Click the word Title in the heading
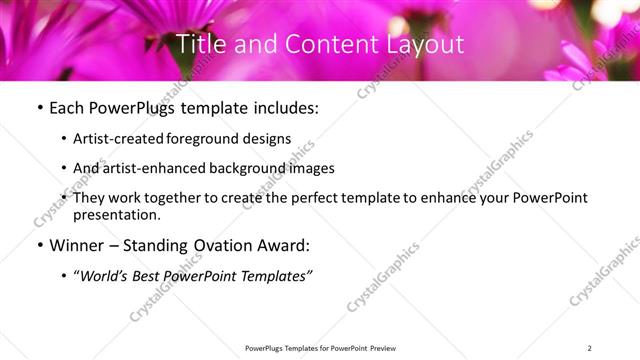[200, 45]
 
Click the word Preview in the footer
[380, 348]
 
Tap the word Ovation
[216, 245]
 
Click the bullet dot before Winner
[37, 245]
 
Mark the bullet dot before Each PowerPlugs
[37, 108]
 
